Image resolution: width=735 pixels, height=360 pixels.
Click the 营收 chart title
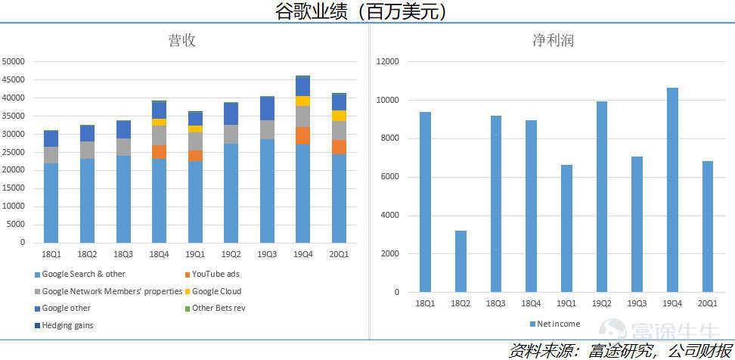[x=182, y=41]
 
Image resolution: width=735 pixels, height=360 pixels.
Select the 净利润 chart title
[x=553, y=41]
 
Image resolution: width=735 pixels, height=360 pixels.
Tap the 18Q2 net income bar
[x=461, y=261]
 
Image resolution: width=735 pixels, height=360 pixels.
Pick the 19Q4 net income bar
[x=672, y=190]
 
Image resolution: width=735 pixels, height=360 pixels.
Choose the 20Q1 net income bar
[x=708, y=226]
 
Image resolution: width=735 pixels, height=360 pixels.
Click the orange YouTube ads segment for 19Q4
[x=302, y=135]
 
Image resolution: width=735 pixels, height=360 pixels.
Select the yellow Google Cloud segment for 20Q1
[x=338, y=116]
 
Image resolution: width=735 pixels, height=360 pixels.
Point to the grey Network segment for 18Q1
[x=51, y=155]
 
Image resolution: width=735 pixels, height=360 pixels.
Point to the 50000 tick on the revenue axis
[x=14, y=62]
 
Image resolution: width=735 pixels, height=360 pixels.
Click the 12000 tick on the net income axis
[x=388, y=62]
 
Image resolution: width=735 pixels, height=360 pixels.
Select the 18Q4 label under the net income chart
[x=531, y=303]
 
